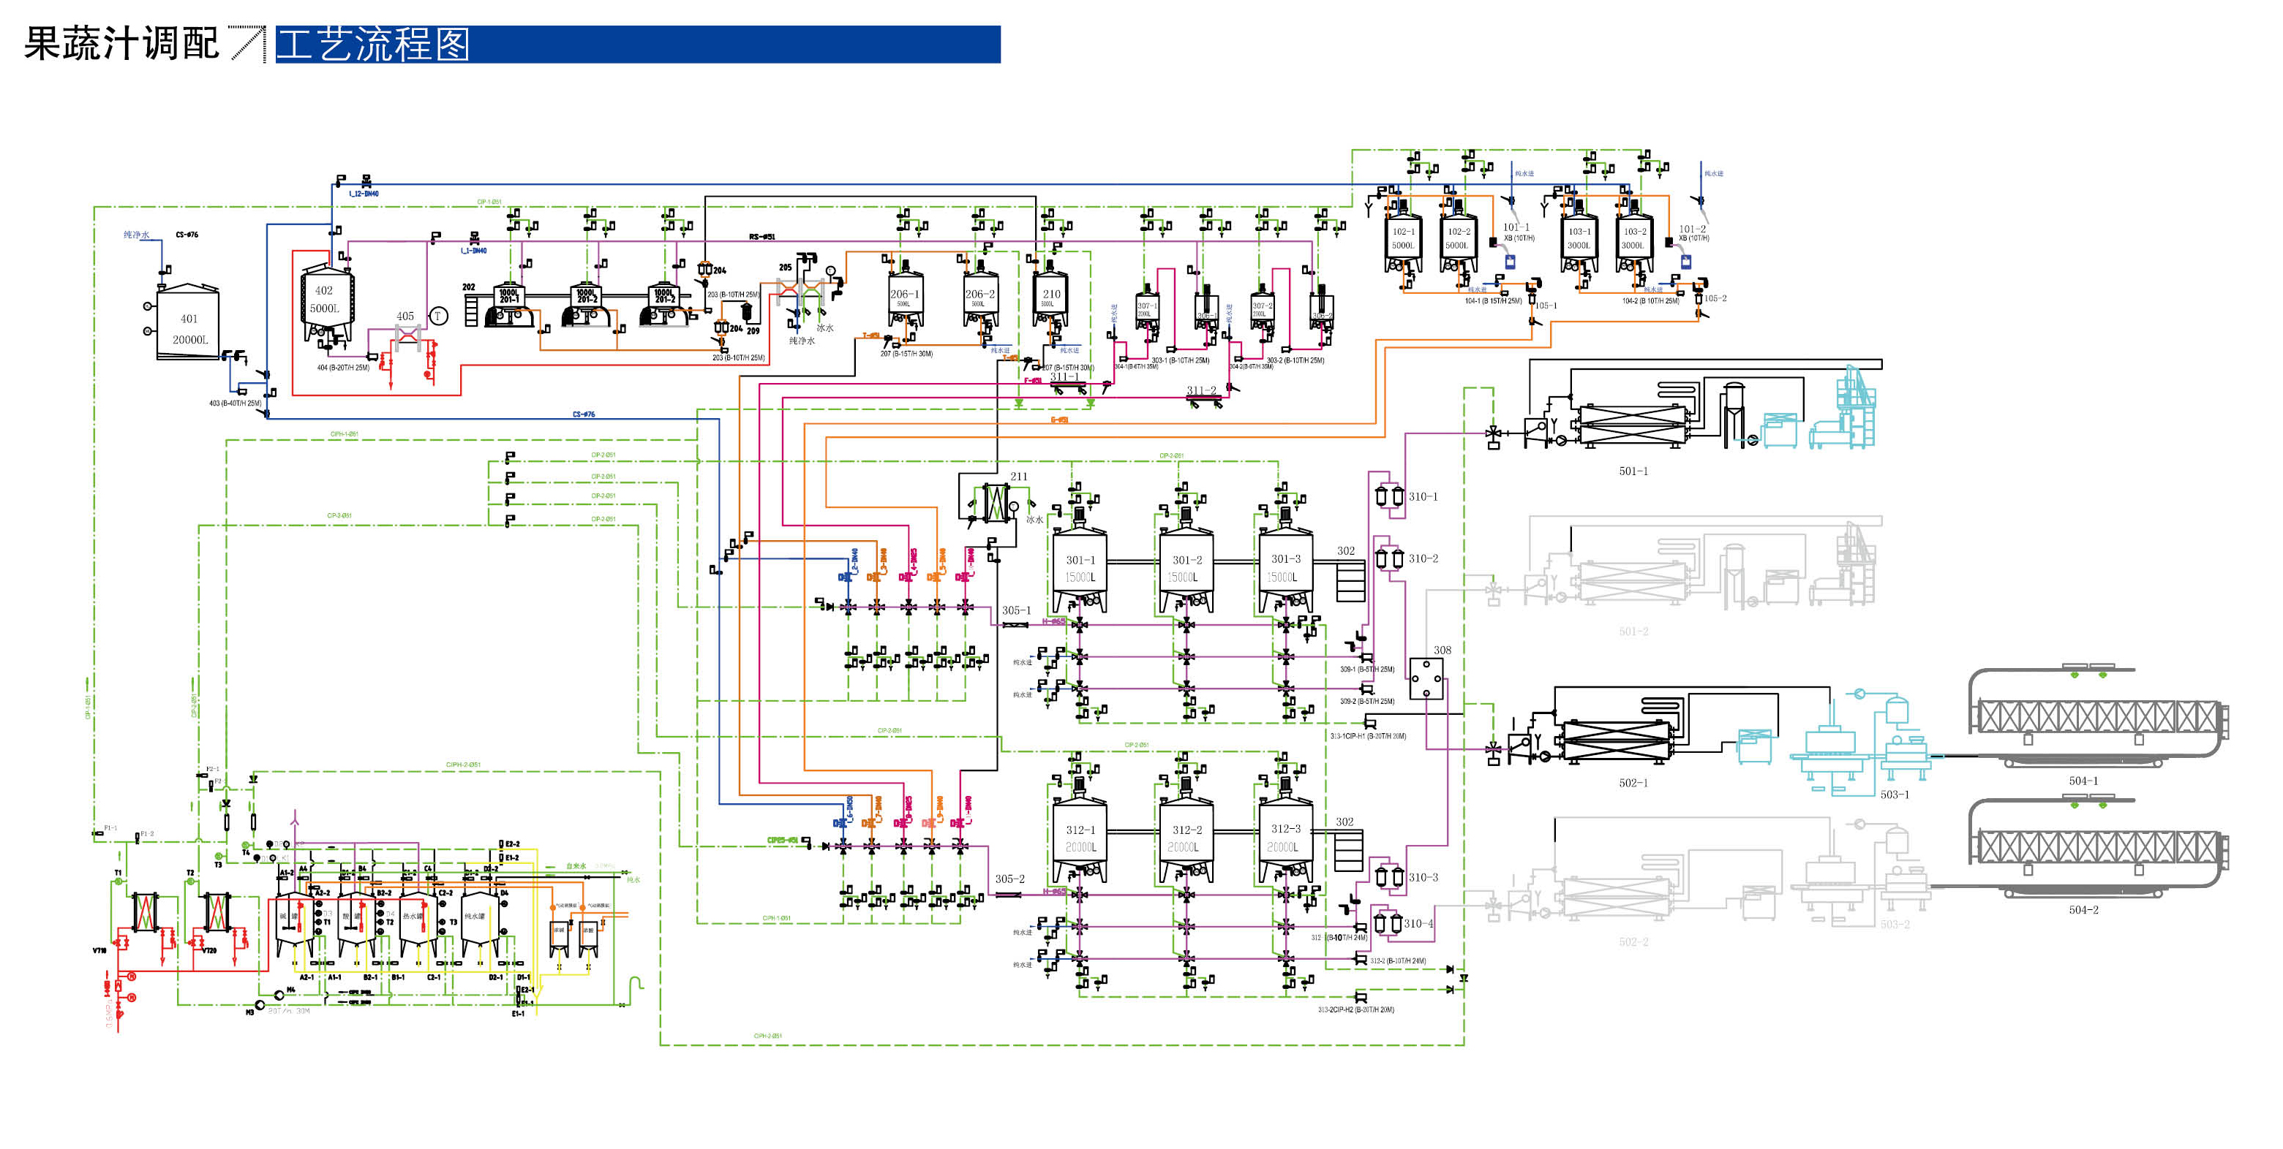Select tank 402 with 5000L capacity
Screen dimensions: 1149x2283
click(326, 300)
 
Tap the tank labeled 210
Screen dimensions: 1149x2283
click(1051, 298)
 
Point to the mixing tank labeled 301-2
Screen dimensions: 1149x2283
click(1186, 569)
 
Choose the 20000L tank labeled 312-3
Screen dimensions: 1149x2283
click(1285, 838)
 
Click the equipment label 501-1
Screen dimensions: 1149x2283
click(1633, 471)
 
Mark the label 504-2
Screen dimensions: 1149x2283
click(2083, 910)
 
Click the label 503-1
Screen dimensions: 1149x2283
click(1894, 795)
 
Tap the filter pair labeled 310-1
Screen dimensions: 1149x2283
click(1389, 496)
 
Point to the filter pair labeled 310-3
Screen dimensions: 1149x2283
click(1389, 877)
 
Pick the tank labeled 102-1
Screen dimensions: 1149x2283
click(1403, 240)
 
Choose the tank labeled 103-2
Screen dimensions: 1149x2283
click(1633, 240)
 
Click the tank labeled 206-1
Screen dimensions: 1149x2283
click(905, 300)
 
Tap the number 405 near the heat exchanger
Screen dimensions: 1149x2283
click(405, 316)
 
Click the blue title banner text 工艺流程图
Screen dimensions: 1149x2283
click(373, 45)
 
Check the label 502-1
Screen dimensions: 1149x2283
click(1633, 783)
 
